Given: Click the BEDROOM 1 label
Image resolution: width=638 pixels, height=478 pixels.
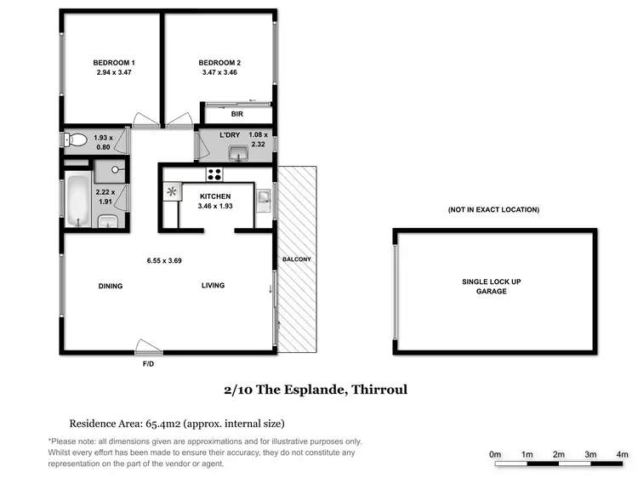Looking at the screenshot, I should coord(114,63).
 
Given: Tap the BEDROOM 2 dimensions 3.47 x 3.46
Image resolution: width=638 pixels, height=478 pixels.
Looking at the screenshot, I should coord(219,74).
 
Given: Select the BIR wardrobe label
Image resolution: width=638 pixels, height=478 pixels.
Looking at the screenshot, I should coord(236,113).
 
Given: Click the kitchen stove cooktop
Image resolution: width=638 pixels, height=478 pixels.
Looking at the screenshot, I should coord(214,174).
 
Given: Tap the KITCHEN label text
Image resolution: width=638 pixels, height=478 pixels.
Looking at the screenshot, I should coord(215,196).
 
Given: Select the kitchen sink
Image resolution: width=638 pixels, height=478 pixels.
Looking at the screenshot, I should coord(265,199).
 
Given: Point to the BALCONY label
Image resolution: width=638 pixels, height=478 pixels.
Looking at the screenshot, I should coord(298,259).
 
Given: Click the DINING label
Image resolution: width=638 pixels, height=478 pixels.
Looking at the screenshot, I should coord(111,286).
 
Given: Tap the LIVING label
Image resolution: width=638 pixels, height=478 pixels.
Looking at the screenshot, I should coord(213,286).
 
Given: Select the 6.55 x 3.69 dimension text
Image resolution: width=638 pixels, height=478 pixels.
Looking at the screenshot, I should coord(163,261).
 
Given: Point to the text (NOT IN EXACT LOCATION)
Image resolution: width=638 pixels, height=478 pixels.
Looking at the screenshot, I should coord(493,209).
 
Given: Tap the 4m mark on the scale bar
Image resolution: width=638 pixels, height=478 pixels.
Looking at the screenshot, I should coord(622,455).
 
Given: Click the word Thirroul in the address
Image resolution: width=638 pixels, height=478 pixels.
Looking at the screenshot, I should coord(379,390).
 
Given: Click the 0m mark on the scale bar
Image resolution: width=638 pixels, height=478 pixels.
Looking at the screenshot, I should coord(495,455).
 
